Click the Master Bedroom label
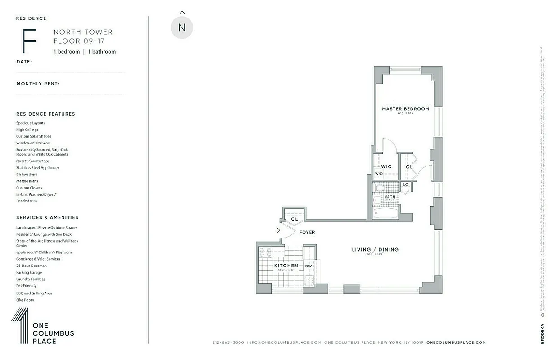405,109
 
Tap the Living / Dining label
375,250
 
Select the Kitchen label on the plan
286,266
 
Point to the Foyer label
307,232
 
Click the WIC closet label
386,166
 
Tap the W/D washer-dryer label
379,174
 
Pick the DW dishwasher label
308,266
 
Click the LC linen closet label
405,184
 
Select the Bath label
389,197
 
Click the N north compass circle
182,27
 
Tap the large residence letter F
28,41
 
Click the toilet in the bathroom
378,188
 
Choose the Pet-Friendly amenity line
27,286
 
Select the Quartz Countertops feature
33,161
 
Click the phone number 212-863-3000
228,342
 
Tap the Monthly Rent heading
38,84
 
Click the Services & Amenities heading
47,217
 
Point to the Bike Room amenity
25,300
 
